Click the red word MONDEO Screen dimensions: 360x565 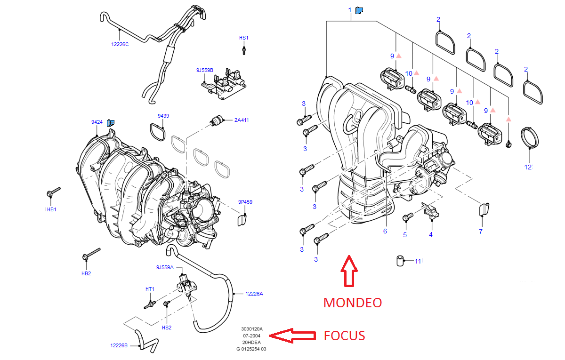(352, 302)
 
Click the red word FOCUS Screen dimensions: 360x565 (344, 336)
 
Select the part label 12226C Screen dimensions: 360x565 (120, 44)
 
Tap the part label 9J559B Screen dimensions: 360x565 (205, 70)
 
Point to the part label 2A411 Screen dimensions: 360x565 (242, 120)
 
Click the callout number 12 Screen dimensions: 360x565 (528, 167)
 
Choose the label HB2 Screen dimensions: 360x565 (86, 273)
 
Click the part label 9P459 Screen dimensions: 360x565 (245, 202)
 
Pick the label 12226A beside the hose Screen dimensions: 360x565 (254, 294)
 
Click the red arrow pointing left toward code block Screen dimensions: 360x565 (292, 335)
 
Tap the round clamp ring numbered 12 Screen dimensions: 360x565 (531, 137)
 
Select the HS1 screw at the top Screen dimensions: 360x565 (244, 49)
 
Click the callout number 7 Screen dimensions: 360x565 (481, 232)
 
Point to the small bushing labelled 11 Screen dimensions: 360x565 (400, 261)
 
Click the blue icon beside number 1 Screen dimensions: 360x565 (359, 10)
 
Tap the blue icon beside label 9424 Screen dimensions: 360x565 (111, 122)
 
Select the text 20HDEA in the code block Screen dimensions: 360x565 (251, 343)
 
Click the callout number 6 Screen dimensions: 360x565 (385, 231)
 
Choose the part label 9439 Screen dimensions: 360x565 (163, 116)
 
